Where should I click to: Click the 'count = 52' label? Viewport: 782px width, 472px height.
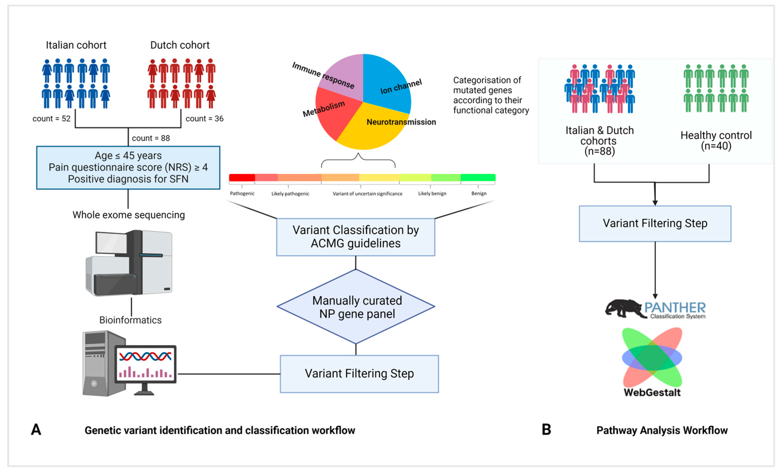52,119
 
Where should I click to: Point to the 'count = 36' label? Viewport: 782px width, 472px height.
204,119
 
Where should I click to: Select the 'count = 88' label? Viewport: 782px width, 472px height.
151,138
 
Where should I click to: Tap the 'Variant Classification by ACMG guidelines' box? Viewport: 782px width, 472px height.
355,237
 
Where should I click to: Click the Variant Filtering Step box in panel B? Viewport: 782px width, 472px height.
655,224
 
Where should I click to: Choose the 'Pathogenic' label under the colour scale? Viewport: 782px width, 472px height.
242,194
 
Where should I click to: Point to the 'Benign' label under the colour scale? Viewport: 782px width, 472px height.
479,194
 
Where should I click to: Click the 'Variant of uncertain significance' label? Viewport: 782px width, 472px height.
367,194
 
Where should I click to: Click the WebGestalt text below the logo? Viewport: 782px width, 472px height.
652,393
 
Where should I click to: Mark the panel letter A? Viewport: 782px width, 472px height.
36,430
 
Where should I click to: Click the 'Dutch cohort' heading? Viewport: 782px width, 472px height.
180,45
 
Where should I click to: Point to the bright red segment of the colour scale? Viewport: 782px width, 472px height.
242,178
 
